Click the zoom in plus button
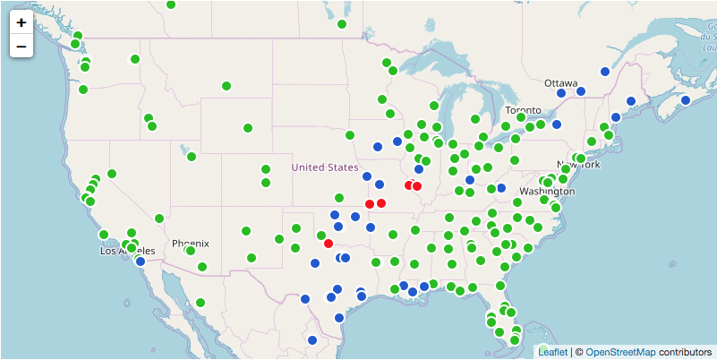point(21,21)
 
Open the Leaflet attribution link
point(552,352)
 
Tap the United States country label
point(324,167)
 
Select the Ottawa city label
point(560,82)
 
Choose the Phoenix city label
point(190,243)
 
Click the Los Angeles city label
point(121,252)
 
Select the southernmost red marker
point(329,244)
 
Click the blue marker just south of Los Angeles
point(141,261)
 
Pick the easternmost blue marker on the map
point(686,100)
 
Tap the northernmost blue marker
point(605,71)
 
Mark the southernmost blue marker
point(312,340)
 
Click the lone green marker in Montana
point(226,86)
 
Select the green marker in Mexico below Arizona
point(201,303)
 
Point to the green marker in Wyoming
point(247,128)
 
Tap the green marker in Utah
point(192,157)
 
